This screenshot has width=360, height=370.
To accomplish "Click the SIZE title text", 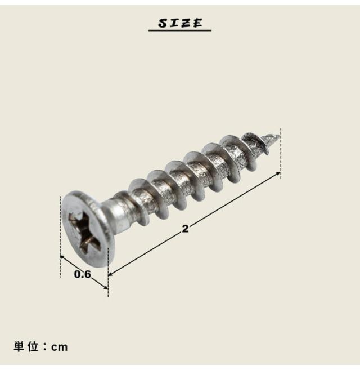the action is tap(180, 23).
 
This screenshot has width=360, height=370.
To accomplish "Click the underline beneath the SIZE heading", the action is tap(180, 30).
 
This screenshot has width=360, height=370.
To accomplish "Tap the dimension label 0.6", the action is tap(82, 274).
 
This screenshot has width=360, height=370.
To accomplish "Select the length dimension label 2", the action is tap(185, 229).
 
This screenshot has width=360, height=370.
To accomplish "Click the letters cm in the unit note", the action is tap(60, 347).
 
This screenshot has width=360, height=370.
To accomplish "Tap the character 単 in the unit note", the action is tap(19, 347).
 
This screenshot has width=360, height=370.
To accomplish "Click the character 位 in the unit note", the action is tap(33, 347).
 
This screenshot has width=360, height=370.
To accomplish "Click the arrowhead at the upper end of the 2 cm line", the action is tap(278, 173).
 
